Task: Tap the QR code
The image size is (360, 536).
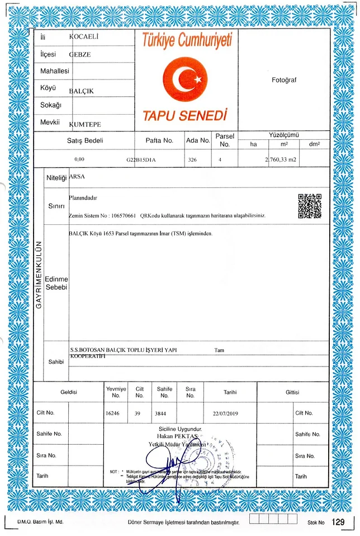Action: point(310,206)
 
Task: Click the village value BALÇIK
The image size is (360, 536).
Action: point(81,90)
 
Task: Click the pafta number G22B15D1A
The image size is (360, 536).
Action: point(141,159)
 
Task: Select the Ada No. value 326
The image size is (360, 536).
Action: point(192,159)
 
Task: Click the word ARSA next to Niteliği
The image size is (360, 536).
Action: point(74,176)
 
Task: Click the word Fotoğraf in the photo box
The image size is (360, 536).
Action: point(284,80)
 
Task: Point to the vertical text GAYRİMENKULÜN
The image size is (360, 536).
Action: point(39,275)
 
